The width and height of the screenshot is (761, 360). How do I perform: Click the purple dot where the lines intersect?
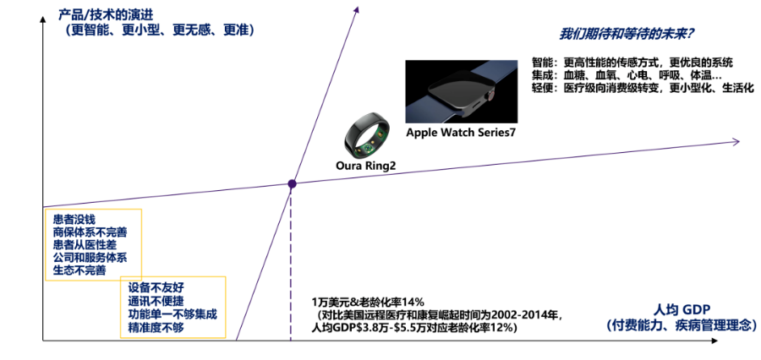point(292,184)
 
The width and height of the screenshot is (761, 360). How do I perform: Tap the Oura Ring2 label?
point(366,166)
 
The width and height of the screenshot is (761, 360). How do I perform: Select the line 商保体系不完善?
point(90,232)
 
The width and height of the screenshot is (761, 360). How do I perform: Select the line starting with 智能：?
point(632,63)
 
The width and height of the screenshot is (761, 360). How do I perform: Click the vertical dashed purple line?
point(291,264)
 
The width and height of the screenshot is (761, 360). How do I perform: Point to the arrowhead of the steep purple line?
point(357,8)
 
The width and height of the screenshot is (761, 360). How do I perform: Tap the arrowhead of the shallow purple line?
point(736,141)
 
